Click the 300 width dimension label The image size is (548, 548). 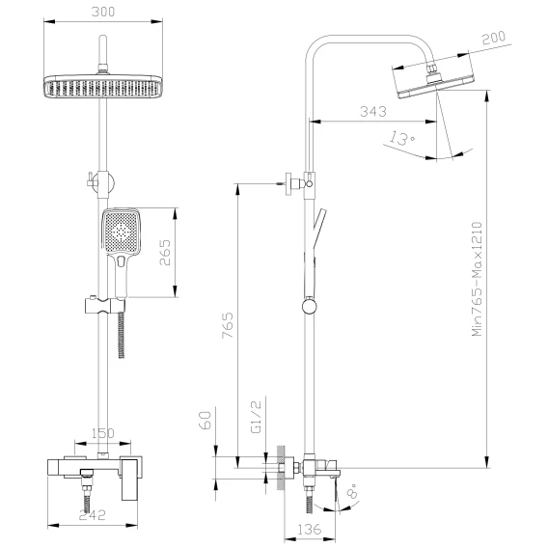point(102,12)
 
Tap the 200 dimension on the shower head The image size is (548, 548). point(493,38)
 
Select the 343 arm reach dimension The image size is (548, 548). point(373,112)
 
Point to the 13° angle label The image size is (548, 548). point(402,138)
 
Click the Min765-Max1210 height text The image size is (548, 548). point(477,279)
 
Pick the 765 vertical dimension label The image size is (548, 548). point(228,325)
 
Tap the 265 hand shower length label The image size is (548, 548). point(165,253)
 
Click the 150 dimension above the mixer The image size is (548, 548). point(102,433)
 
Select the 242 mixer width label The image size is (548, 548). point(92,515)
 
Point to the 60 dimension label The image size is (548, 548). point(205,420)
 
